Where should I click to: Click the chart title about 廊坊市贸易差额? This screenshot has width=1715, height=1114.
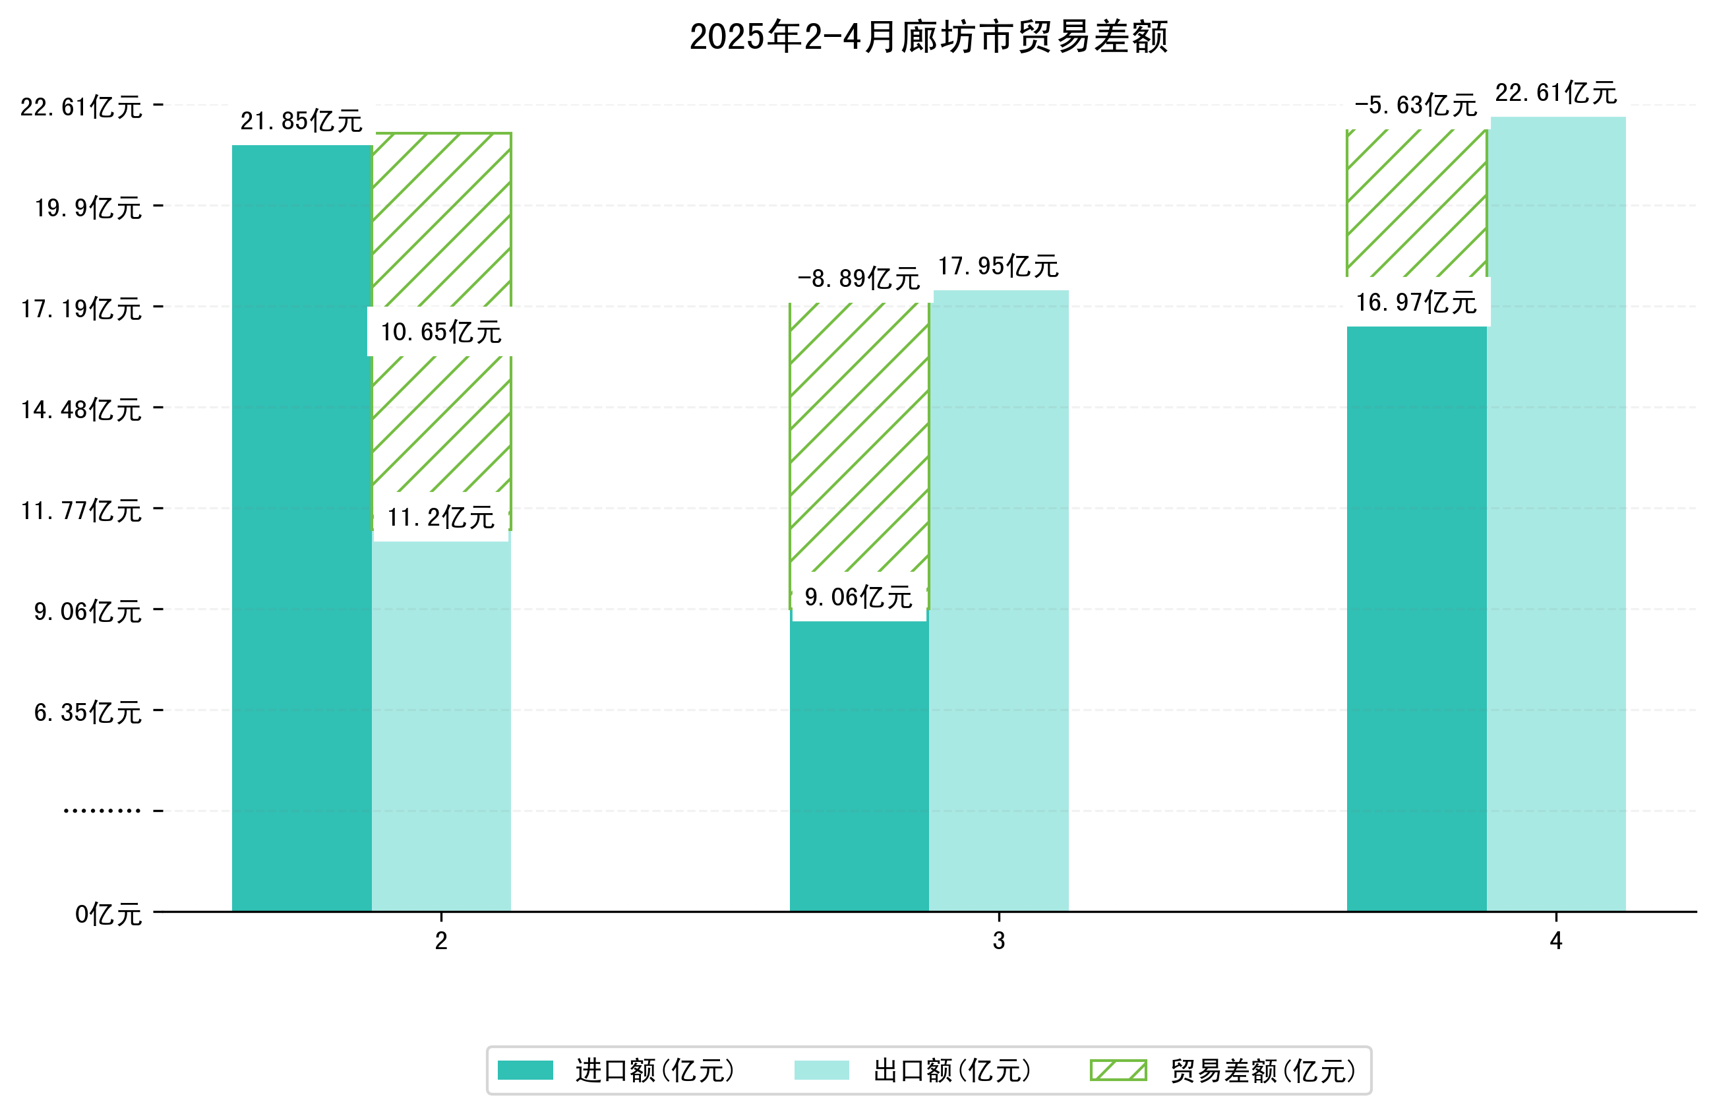[928, 37]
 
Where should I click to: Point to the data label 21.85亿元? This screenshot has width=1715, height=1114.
[301, 121]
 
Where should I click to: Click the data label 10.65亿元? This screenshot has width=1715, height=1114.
[441, 332]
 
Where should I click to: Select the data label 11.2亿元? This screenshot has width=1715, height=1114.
[441, 518]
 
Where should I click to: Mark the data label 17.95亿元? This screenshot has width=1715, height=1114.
[998, 266]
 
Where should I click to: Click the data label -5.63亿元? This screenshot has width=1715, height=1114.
[1415, 106]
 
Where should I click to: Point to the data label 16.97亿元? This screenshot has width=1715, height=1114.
[1416, 303]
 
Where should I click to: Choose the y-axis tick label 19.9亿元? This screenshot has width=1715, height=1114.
[88, 208]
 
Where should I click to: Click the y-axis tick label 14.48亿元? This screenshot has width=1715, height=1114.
[80, 410]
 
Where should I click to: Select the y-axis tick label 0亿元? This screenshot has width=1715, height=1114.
[108, 915]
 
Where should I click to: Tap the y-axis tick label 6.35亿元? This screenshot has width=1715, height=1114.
[88, 713]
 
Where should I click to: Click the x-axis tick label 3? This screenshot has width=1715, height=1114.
[999, 941]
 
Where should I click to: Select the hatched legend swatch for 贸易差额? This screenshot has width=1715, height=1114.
[1118, 1070]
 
